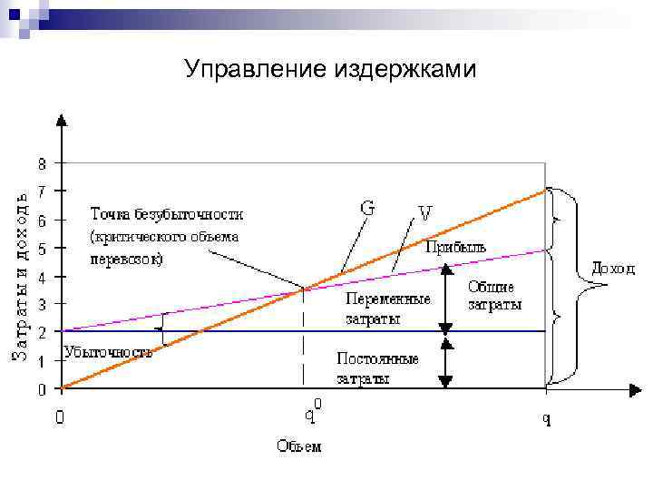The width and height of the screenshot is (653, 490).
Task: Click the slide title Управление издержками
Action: tap(329, 69)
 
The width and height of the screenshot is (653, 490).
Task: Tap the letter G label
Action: tap(367, 207)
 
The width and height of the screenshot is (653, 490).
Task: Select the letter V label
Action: tap(424, 213)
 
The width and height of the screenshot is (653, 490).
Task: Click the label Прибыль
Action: tap(456, 247)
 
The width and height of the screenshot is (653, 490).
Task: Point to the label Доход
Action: tap(613, 269)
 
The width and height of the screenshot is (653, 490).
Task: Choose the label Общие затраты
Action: tap(494, 296)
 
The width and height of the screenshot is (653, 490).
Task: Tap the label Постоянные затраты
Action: tap(377, 368)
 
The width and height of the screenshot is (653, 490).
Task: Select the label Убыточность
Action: tap(107, 352)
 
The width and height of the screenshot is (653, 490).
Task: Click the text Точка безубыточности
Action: tap(166, 215)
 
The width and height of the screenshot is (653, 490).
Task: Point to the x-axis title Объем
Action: tap(298, 446)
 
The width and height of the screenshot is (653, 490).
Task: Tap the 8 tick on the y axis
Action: tap(42, 164)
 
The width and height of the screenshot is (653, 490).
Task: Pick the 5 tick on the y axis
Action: tap(42, 248)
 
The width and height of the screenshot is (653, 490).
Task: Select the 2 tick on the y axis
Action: tap(42, 332)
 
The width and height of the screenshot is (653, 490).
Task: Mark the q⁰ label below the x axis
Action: tap(310, 415)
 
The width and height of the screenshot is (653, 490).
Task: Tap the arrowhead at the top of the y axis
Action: tap(61, 119)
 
